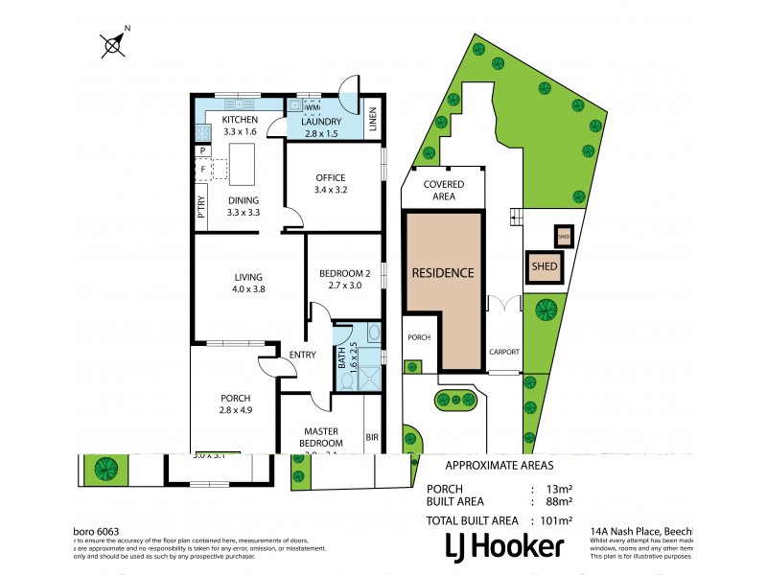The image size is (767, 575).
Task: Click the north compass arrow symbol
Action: coord(114,43)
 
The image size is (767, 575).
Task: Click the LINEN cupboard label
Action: coord(374,123)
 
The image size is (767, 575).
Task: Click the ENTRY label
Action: coord(301,355)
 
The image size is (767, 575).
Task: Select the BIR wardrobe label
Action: coord(372,437)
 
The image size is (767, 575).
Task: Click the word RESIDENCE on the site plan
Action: coord(442,272)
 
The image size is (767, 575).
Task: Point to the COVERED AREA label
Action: coord(442,190)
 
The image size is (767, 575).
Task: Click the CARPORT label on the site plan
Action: coord(503,352)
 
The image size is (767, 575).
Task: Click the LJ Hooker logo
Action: coord(502,545)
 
